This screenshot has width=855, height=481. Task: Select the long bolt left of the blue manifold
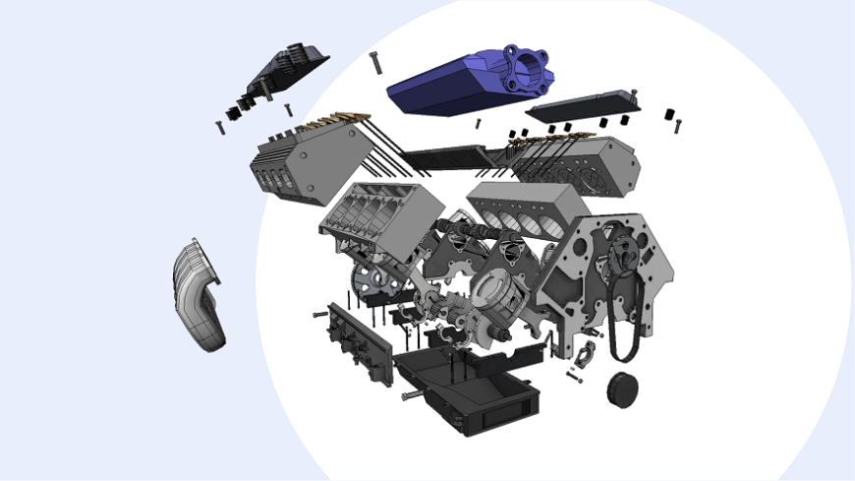(x=377, y=63)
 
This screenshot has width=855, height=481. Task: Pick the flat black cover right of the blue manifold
(x=583, y=104)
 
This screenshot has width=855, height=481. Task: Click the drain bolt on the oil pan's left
(x=412, y=395)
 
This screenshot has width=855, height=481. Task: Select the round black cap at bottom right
(x=621, y=388)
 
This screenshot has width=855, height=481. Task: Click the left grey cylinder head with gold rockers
(x=310, y=161)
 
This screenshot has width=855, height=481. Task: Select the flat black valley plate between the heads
(x=447, y=154)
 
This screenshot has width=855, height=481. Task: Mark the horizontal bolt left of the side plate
(x=320, y=314)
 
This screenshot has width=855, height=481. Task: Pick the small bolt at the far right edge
(x=677, y=126)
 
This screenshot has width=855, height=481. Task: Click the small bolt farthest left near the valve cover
(x=220, y=127)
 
